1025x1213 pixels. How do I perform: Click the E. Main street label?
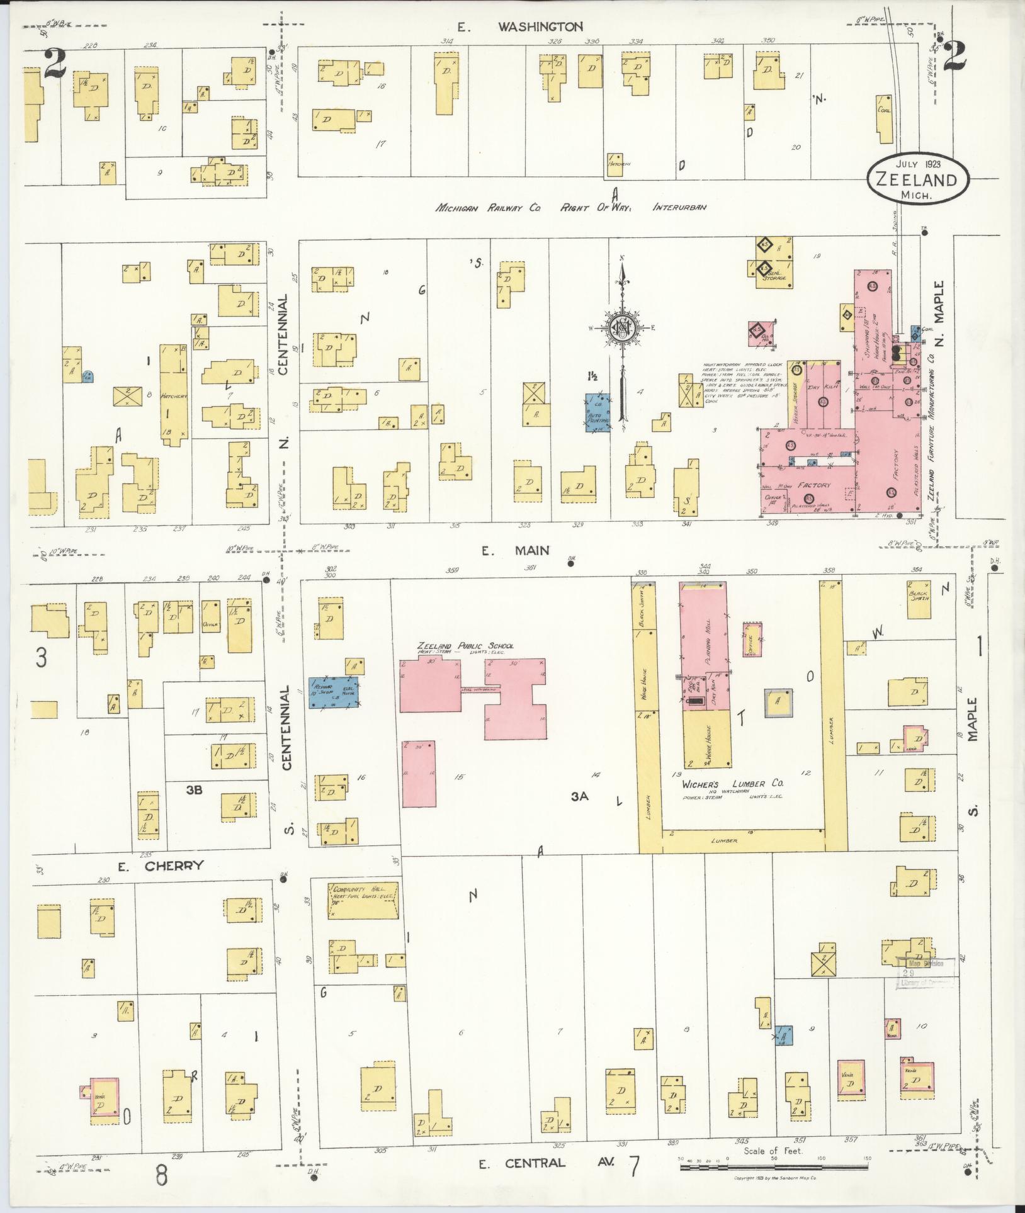[x=515, y=551]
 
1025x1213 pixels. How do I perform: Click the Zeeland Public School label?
[x=465, y=646]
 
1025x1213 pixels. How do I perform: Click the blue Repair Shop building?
[x=333, y=692]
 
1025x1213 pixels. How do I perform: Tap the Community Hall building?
[x=363, y=900]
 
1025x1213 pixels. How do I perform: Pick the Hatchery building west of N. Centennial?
[x=173, y=393]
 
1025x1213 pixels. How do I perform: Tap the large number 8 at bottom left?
[x=162, y=1175]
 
